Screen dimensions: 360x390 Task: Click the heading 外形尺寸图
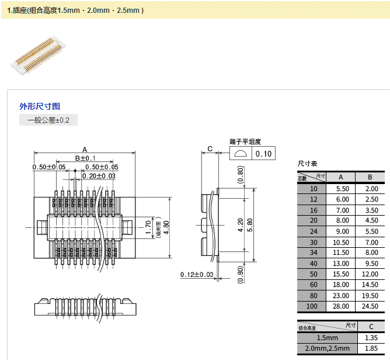[x=40, y=106]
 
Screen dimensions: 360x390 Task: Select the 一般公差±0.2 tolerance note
[x=48, y=120]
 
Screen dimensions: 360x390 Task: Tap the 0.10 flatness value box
[x=264, y=154]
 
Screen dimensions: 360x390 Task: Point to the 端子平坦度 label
[x=245, y=141]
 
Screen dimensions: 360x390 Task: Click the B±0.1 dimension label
[x=85, y=159]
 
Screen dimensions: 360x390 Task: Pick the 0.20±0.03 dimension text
[x=99, y=176]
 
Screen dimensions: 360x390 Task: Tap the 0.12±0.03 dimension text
[x=197, y=275]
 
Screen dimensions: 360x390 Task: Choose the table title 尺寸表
[x=307, y=164]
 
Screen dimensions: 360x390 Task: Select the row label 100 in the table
[x=314, y=306]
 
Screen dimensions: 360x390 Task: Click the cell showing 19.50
[x=371, y=295]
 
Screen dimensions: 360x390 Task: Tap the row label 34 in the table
[x=314, y=252]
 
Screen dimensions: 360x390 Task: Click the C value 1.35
[x=371, y=338]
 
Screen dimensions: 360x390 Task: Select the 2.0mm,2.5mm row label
[x=327, y=348]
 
